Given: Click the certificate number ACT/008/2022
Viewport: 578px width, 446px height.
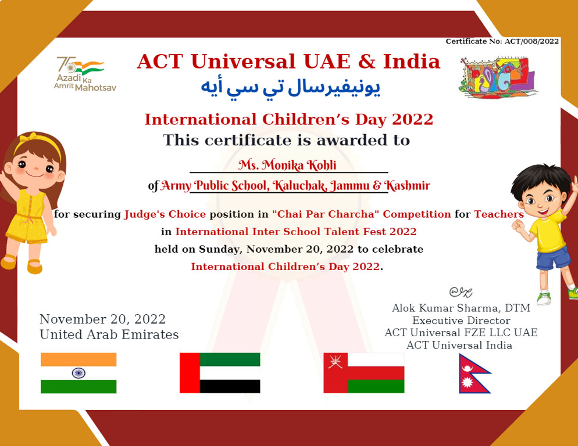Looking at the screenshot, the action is [531, 41].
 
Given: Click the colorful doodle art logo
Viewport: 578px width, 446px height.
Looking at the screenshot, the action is [498, 77].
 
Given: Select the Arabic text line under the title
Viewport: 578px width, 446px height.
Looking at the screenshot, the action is [290, 88].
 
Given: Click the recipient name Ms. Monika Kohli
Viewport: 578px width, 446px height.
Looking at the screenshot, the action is [287, 165].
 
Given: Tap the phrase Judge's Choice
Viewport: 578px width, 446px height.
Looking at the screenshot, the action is [165, 214].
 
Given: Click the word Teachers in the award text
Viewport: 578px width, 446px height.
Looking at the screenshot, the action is [499, 214].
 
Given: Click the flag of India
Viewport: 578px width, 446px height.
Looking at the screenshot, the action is [79, 373].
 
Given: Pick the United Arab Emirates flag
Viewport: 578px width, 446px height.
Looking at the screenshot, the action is [220, 373].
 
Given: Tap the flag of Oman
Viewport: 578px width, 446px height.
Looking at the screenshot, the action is [364, 373].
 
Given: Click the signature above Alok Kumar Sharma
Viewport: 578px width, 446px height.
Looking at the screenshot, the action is [461, 292].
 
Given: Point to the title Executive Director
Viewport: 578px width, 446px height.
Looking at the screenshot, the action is [461, 321].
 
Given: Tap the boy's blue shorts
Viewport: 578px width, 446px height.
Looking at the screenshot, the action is [554, 257].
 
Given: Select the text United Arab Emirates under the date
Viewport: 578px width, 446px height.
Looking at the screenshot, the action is [109, 334].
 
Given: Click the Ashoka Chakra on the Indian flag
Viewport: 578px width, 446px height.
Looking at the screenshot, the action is [79, 373].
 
